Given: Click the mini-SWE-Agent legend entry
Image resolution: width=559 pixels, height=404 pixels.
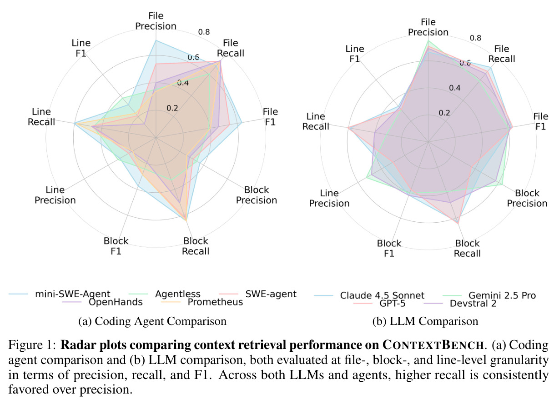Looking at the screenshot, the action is click(x=60, y=294).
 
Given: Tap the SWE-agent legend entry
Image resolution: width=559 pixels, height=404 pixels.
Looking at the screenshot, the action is click(x=257, y=294).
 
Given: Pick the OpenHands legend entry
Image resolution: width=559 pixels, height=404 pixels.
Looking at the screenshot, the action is click(x=102, y=302).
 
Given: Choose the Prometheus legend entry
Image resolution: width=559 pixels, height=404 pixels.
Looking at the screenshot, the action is click(x=202, y=302).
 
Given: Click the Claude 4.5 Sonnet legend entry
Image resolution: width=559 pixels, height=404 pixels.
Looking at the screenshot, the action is click(x=369, y=295).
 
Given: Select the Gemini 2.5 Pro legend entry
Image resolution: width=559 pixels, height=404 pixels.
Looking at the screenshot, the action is click(x=489, y=295).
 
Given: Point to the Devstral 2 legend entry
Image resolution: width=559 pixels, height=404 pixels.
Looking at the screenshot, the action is click(x=460, y=304).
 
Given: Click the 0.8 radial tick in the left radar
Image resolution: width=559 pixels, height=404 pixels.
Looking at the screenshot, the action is click(x=204, y=32).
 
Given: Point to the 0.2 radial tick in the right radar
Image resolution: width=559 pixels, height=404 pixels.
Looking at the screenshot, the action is click(x=444, y=113).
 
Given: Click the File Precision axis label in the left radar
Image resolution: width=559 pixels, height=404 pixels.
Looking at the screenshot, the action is click(x=156, y=21).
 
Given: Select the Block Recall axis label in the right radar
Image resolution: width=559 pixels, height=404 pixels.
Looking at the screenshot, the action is click(x=467, y=249).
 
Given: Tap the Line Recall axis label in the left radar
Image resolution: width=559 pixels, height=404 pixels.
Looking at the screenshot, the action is click(x=41, y=117).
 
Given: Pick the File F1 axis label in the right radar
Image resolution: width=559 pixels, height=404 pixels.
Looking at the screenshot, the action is click(x=541, y=121).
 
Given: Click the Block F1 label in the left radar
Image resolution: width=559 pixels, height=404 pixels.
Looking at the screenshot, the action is click(x=116, y=246).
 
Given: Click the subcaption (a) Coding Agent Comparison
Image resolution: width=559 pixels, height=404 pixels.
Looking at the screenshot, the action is click(x=152, y=321).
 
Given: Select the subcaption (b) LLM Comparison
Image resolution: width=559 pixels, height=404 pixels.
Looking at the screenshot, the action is click(x=425, y=321).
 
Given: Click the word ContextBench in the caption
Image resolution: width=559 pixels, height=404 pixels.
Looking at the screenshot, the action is click(x=433, y=345).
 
